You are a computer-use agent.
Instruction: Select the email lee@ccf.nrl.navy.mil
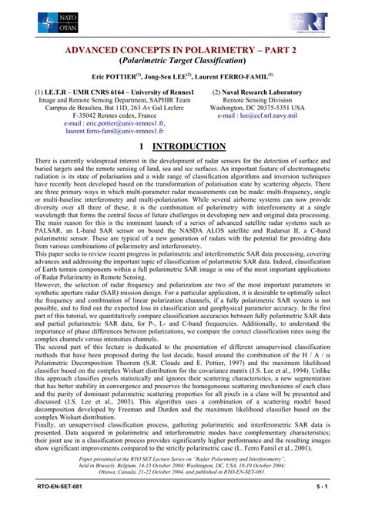pos(269,116)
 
